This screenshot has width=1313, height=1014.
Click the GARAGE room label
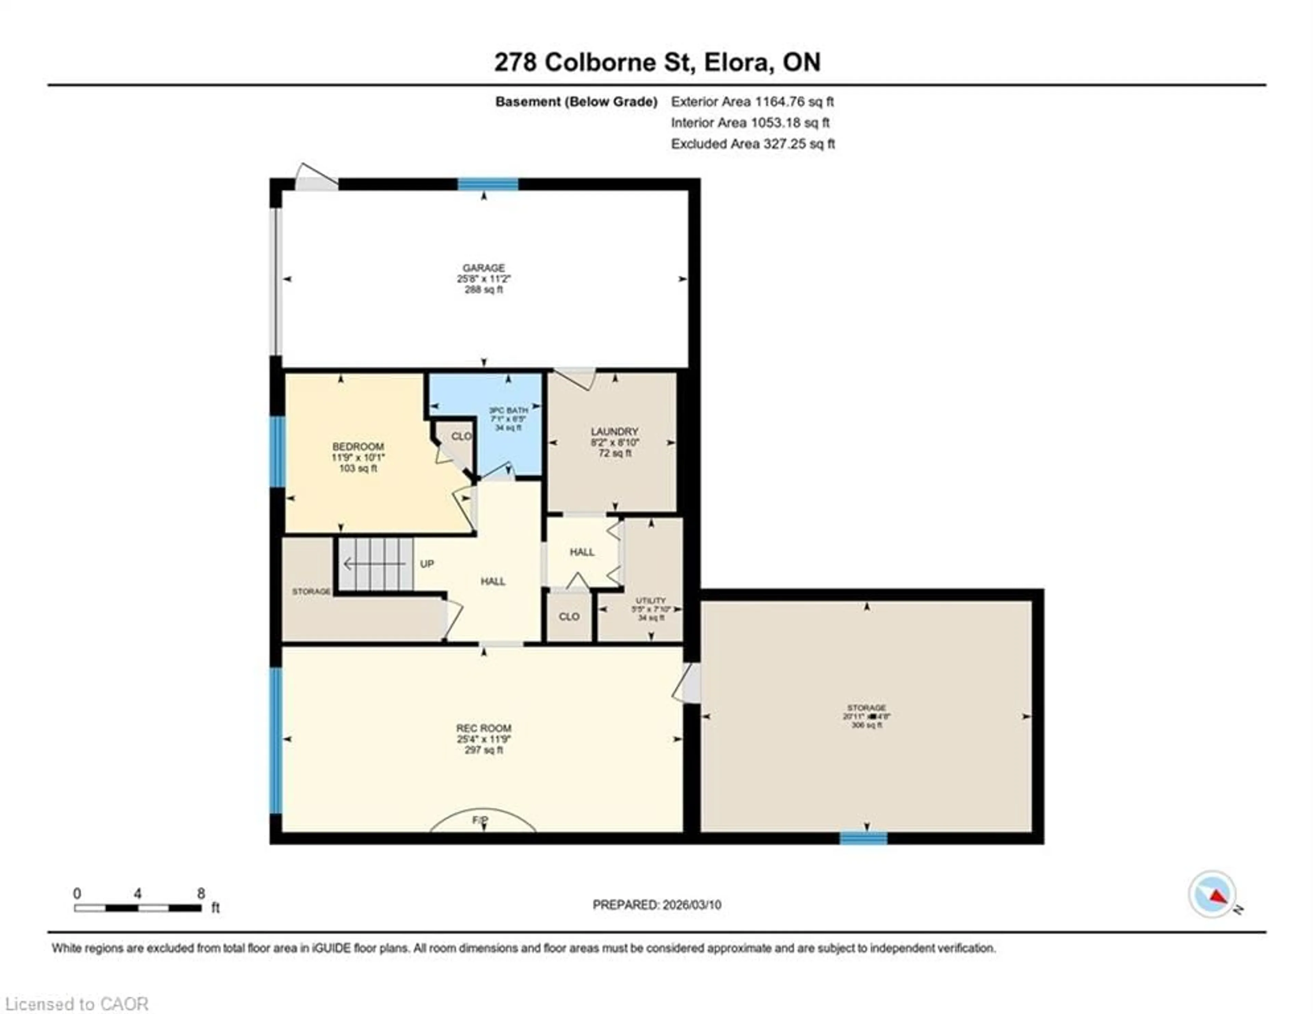(483, 268)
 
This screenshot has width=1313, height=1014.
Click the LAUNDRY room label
(614, 432)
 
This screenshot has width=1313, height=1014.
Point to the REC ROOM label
(483, 728)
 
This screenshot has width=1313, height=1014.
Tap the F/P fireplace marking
(480, 820)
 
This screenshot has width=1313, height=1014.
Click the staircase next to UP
(374, 564)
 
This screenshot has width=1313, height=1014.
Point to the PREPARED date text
(656, 905)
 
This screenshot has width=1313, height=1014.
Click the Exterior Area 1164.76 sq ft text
(752, 102)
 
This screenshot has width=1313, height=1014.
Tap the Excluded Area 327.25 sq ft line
(753, 144)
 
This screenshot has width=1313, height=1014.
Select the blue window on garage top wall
(488, 184)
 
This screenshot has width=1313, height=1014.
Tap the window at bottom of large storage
(863, 837)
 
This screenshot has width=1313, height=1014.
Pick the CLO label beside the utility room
(569, 617)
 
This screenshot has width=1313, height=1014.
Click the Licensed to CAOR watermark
(76, 1004)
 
